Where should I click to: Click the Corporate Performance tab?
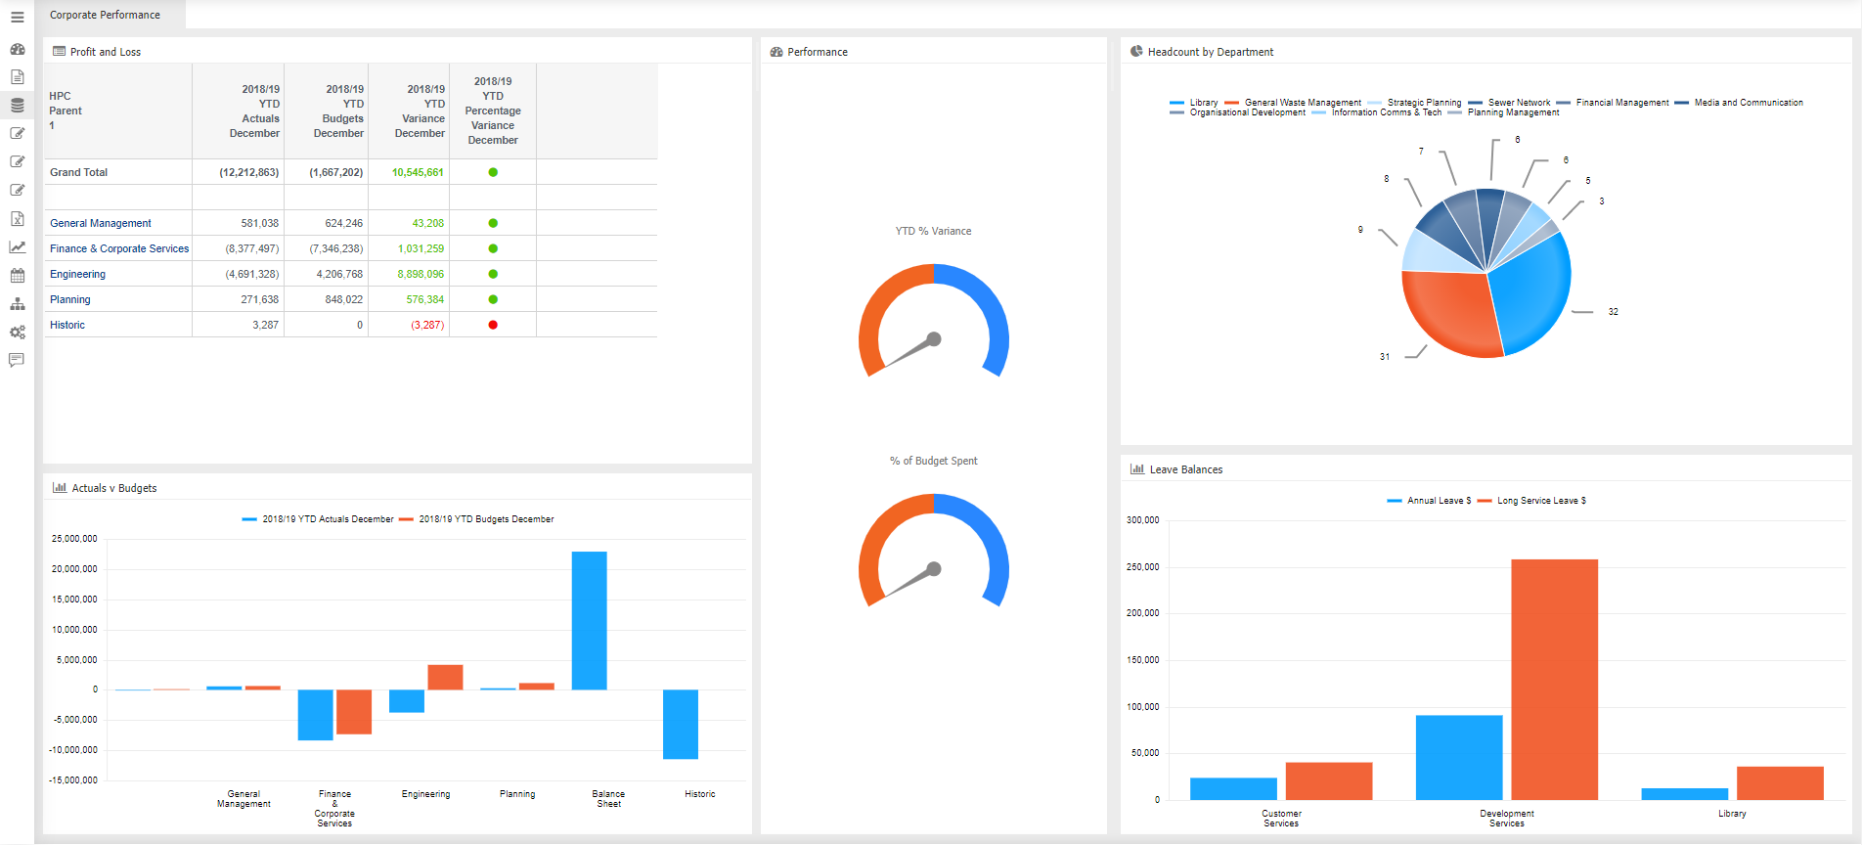click(106, 15)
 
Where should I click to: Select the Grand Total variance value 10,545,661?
click(418, 172)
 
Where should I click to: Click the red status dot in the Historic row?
click(493, 325)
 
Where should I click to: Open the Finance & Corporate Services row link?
click(119, 248)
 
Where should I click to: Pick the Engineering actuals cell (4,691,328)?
click(252, 274)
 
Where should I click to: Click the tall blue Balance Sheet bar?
click(589, 620)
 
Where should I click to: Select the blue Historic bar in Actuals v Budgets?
click(680, 724)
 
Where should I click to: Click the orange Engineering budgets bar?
click(445, 677)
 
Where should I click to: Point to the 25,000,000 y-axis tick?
click(74, 539)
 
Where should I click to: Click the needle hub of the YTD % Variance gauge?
click(934, 339)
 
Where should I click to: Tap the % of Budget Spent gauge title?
click(933, 461)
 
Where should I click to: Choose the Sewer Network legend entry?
click(1519, 103)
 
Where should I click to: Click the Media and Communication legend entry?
click(1748, 103)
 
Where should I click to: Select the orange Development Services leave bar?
click(1554, 679)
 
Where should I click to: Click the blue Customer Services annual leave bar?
click(1233, 788)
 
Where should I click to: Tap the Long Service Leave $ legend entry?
click(1540, 501)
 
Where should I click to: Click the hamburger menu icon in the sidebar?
click(17, 18)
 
